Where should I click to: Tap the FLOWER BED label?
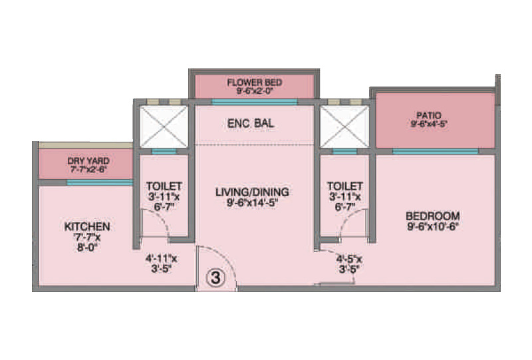click(255, 83)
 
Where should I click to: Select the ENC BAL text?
click(251, 124)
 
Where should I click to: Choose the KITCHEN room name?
click(87, 226)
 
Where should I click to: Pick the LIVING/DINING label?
click(252, 192)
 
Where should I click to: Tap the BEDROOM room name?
click(433, 216)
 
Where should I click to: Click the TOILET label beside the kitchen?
click(164, 186)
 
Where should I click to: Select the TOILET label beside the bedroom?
click(345, 186)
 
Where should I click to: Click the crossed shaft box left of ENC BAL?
click(164, 124)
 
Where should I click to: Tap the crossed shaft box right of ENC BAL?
click(344, 124)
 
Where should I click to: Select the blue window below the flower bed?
click(254, 102)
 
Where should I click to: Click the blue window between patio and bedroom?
click(435, 152)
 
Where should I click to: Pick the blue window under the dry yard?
click(99, 182)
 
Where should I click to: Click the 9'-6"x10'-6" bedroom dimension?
click(433, 227)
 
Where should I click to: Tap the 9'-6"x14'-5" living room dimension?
click(252, 204)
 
